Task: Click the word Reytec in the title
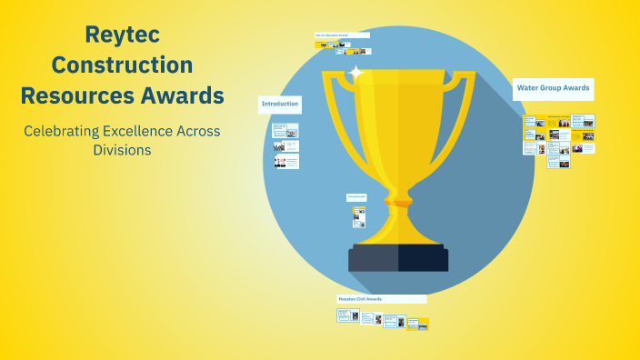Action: click(x=122, y=35)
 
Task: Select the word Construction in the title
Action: click(x=122, y=65)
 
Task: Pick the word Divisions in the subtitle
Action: click(x=122, y=150)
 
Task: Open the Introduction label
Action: click(x=280, y=105)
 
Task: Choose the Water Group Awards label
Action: click(x=553, y=88)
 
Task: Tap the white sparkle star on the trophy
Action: click(x=356, y=72)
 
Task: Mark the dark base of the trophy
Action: click(x=398, y=258)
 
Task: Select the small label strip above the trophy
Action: click(x=342, y=35)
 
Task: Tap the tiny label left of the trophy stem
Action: click(x=355, y=196)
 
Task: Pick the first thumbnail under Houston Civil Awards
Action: click(x=347, y=315)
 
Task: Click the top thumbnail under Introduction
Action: click(x=285, y=130)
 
